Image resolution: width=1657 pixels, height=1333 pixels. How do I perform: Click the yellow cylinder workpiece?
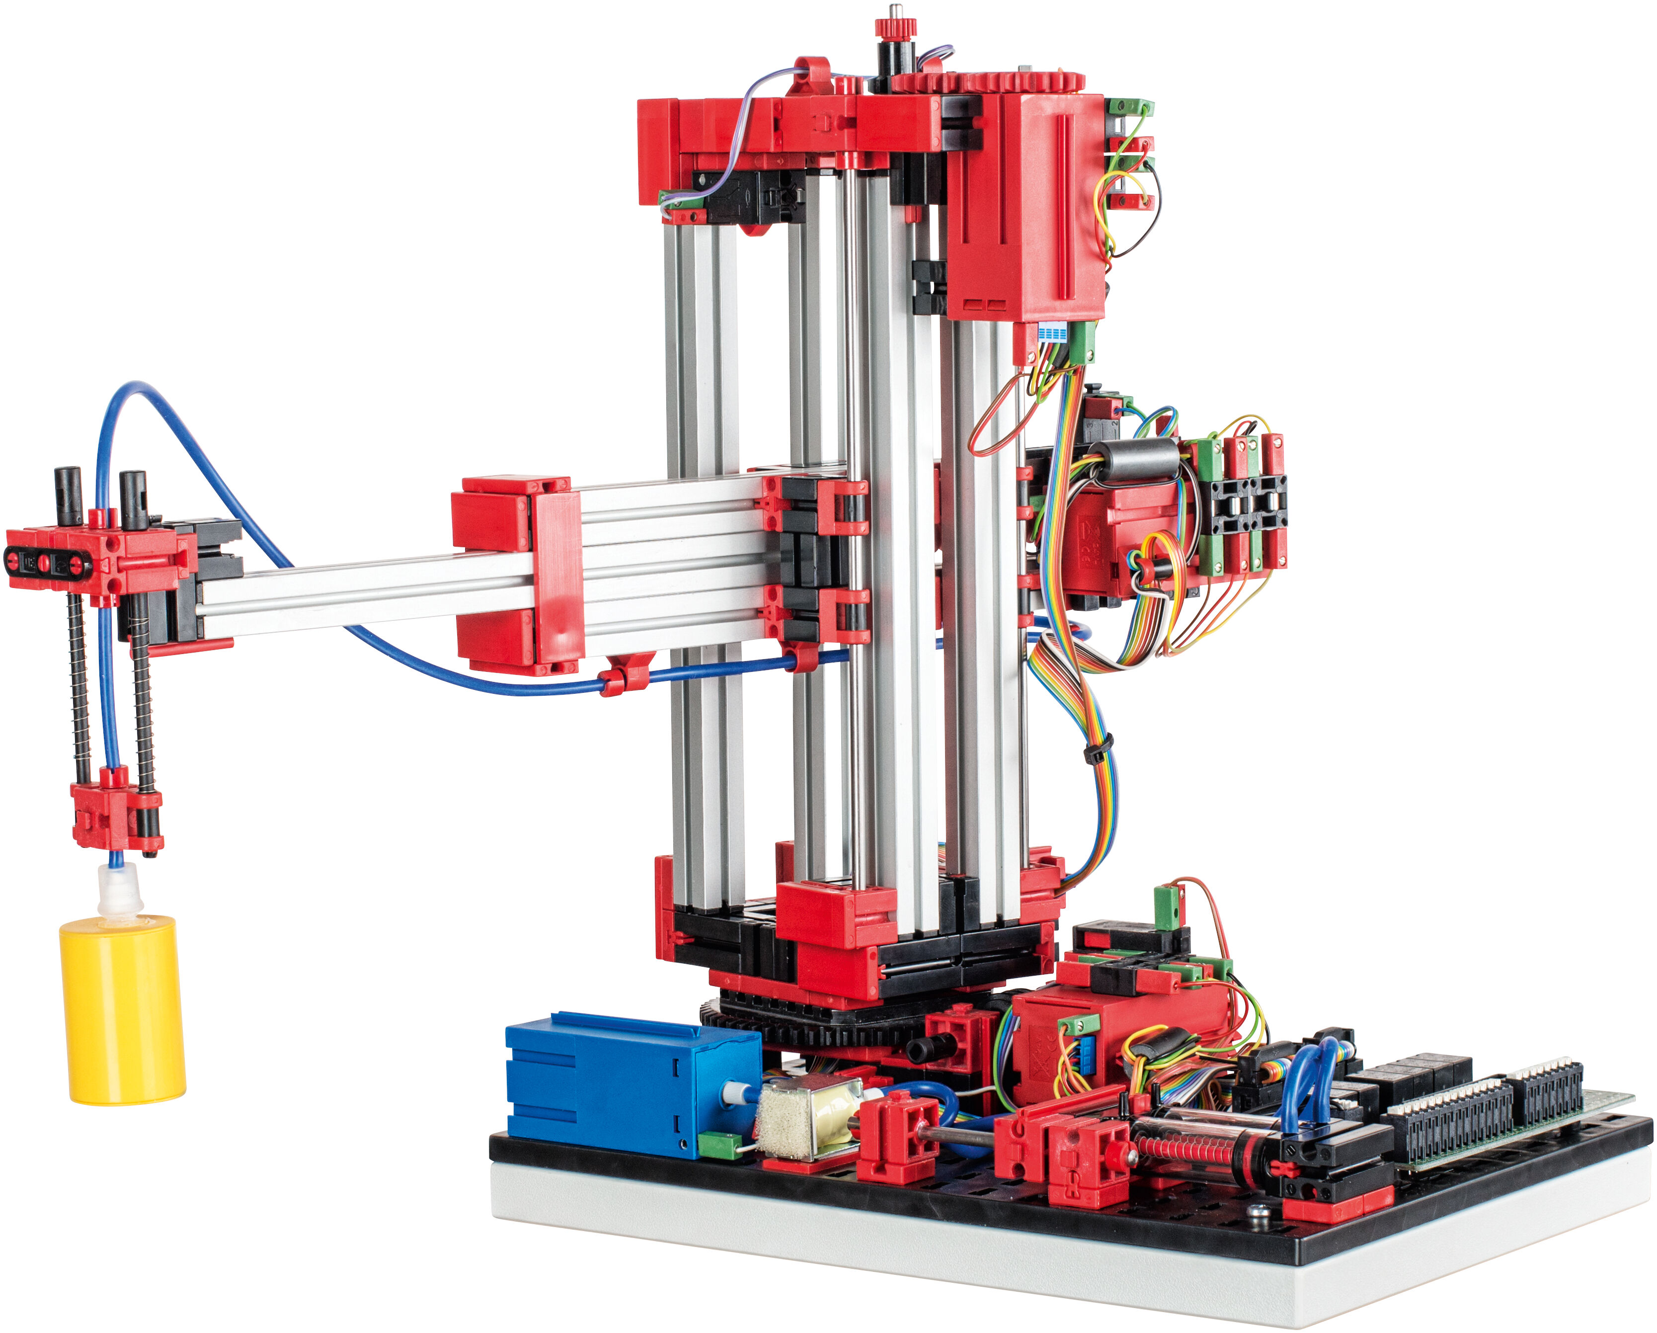(x=123, y=1011)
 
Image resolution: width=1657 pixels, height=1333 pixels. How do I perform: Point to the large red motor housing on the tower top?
(x=1026, y=208)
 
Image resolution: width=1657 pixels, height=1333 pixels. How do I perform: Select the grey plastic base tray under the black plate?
(x=999, y=1268)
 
